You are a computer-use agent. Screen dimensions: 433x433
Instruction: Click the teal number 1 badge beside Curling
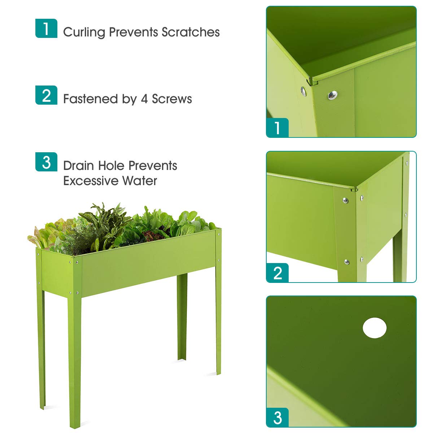[46, 28]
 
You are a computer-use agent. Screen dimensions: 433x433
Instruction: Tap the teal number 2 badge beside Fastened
[46, 95]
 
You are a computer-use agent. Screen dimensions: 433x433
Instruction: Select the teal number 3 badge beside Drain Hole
[46, 162]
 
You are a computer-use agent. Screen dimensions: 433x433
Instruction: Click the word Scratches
[191, 32]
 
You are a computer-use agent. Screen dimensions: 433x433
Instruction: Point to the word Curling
[84, 32]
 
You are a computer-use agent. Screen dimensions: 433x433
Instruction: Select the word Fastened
[90, 99]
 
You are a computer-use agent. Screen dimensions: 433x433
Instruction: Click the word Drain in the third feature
[79, 166]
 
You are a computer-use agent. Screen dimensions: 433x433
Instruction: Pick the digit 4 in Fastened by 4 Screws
[144, 99]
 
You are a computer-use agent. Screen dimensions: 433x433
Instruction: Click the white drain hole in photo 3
[375, 328]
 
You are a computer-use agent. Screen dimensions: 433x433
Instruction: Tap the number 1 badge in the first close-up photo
[277, 128]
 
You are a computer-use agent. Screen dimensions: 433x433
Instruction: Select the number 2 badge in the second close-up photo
[277, 273]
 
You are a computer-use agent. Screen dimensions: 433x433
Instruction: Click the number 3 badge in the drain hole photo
[277, 417]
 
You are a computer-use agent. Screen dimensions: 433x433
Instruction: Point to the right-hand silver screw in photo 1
[332, 95]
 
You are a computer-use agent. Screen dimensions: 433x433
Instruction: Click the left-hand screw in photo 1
[303, 91]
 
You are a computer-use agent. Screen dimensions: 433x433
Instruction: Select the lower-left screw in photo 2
[346, 262]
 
